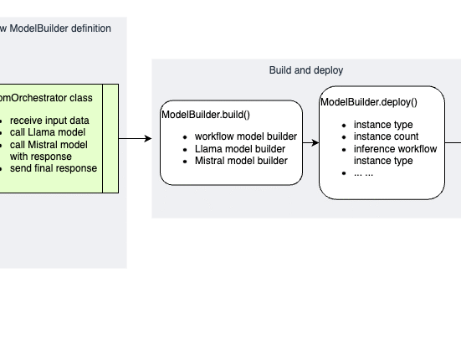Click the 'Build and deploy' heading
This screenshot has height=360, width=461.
pyautogui.click(x=306, y=70)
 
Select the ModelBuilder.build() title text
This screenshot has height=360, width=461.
pyautogui.click(x=206, y=115)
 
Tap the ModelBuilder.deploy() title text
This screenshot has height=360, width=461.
pyautogui.click(x=369, y=102)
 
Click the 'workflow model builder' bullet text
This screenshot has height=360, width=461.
pyautogui.click(x=246, y=136)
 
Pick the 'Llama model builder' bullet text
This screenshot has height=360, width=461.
pyautogui.click(x=240, y=149)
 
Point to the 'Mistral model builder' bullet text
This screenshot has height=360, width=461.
pyautogui.click(x=241, y=161)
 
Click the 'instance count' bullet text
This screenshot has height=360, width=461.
pyautogui.click(x=386, y=136)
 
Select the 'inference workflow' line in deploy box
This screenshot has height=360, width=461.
pyautogui.click(x=395, y=149)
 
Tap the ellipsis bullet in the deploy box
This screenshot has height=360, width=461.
pyautogui.click(x=363, y=173)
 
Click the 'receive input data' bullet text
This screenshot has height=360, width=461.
pyautogui.click(x=49, y=121)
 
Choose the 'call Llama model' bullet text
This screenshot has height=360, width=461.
pyautogui.click(x=48, y=132)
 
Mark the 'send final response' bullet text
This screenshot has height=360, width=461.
pyautogui.click(x=54, y=168)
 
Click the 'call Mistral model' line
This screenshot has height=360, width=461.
pyautogui.click(x=49, y=145)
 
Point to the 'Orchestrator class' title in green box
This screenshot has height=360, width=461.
pyautogui.click(x=46, y=98)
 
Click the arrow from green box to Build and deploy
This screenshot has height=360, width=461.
pyautogui.click(x=136, y=138)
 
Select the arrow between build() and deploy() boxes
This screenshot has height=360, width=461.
pyautogui.click(x=310, y=142)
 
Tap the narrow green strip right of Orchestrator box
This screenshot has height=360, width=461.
pyautogui.click(x=110, y=138)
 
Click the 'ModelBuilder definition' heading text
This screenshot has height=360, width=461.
pyautogui.click(x=60, y=28)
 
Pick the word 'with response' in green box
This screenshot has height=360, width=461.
pyautogui.click(x=40, y=157)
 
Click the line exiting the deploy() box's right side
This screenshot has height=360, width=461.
pyautogui.click(x=453, y=142)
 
